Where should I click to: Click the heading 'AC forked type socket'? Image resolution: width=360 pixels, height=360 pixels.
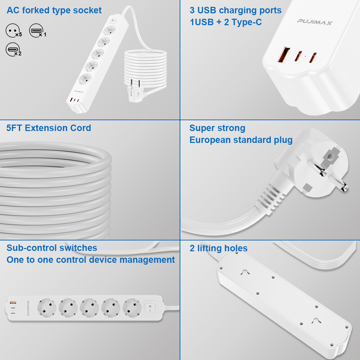pos(54,10)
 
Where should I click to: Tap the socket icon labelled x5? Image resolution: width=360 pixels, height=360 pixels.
pos(12,31)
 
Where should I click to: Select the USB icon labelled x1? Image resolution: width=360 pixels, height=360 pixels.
pos(36,31)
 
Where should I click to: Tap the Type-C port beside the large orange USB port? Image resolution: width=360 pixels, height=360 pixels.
pos(297,57)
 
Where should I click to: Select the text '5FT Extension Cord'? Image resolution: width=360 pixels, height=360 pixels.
pos(49,128)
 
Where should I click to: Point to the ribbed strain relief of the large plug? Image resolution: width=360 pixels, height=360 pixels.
pos(274,194)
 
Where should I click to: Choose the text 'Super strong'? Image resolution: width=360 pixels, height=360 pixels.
pos(217,128)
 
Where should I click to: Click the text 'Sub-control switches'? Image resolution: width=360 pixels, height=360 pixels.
pos(52,248)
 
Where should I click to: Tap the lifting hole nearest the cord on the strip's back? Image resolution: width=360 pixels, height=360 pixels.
pos(245,272)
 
